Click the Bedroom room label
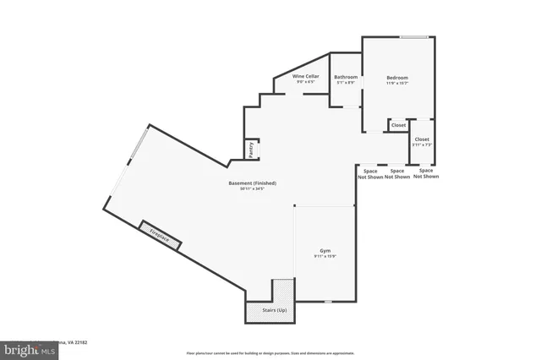[396, 75]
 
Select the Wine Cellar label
[305, 76]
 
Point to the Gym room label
[324, 250]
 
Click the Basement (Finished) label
[252, 183]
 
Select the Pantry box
[251, 149]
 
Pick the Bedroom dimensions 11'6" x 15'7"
[396, 83]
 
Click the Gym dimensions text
[324, 257]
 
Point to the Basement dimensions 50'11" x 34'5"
[252, 189]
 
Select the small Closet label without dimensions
[397, 126]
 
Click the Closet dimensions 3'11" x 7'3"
[422, 145]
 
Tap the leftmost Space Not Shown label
[370, 174]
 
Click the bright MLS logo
[25, 348]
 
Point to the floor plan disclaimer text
[270, 352]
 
